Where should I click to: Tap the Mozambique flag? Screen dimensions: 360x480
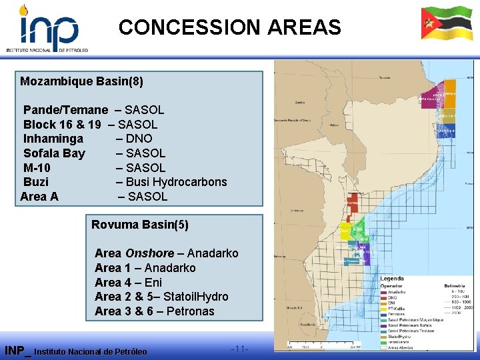(446, 25)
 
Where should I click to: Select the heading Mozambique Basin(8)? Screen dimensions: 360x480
(81, 82)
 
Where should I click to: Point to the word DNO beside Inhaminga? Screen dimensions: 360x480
(139, 139)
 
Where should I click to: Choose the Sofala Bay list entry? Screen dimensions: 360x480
(54, 153)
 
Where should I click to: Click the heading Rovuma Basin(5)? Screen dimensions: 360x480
(139, 225)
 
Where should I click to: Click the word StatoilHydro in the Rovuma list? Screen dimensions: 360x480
(196, 297)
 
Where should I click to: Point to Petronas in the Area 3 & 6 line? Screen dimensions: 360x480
(191, 311)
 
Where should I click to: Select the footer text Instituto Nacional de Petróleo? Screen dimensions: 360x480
(90, 351)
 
